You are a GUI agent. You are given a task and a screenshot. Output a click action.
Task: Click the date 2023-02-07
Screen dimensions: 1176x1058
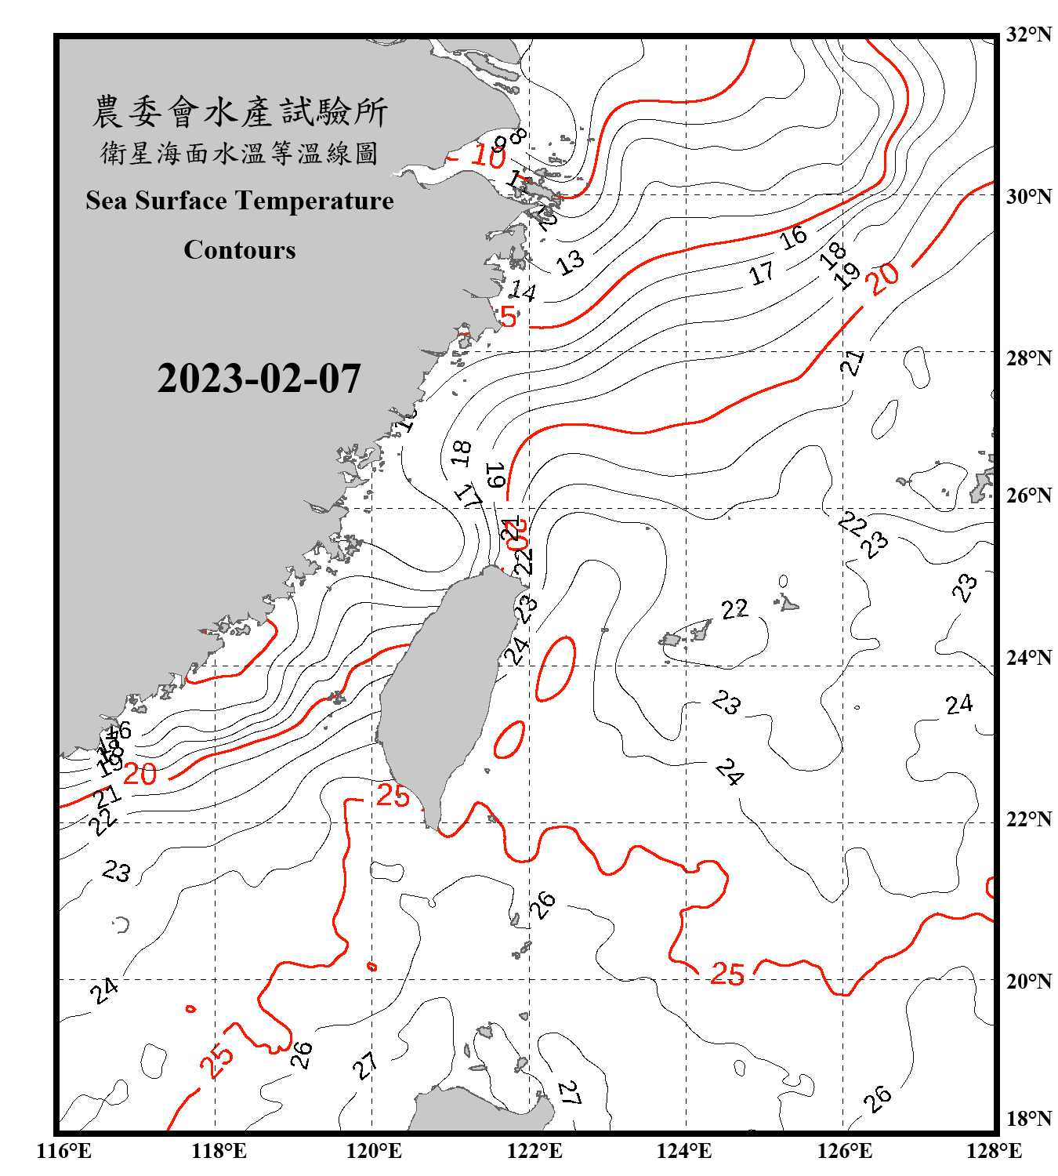pyautogui.click(x=259, y=379)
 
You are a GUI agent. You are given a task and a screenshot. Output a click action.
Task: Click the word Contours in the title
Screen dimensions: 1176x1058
pyautogui.click(x=240, y=250)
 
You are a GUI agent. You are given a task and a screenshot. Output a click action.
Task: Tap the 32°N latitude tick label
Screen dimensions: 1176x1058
pyautogui.click(x=1028, y=34)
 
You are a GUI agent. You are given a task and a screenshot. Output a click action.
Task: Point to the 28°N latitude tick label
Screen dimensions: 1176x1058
pyautogui.click(x=1028, y=358)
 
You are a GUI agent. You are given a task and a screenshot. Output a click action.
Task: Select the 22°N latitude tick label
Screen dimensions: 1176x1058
pyautogui.click(x=1028, y=819)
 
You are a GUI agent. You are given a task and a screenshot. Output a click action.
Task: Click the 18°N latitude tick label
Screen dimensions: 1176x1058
pyautogui.click(x=1028, y=1119)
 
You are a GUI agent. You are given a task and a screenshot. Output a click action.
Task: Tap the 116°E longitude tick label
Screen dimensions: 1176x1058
pyautogui.click(x=64, y=1151)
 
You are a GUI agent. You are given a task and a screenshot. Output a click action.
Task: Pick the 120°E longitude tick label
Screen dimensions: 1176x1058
pyautogui.click(x=374, y=1151)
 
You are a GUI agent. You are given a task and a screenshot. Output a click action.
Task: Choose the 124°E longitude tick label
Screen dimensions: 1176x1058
pyautogui.click(x=684, y=1151)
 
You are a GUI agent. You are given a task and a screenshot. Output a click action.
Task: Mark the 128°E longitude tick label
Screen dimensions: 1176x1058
pyautogui.click(x=994, y=1151)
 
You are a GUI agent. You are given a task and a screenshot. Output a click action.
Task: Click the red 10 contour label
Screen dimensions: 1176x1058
pyautogui.click(x=487, y=157)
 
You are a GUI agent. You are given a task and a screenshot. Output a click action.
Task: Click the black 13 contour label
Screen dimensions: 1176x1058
pyautogui.click(x=571, y=262)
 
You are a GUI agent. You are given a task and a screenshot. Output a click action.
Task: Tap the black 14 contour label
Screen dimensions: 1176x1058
pyautogui.click(x=522, y=292)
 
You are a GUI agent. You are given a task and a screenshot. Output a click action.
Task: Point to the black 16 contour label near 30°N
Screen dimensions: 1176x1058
pyautogui.click(x=793, y=236)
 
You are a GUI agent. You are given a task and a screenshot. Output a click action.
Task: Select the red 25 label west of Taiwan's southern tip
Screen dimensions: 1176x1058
pyautogui.click(x=393, y=796)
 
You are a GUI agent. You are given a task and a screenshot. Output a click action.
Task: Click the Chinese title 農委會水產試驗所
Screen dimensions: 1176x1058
pyautogui.click(x=240, y=112)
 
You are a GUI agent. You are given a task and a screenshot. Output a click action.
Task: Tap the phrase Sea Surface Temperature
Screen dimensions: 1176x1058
pyautogui.click(x=240, y=201)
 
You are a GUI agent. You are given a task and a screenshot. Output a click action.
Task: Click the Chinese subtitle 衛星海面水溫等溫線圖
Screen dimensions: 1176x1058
pyautogui.click(x=240, y=154)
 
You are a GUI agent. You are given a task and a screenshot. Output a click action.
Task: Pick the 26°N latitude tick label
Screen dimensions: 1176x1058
pyautogui.click(x=1028, y=495)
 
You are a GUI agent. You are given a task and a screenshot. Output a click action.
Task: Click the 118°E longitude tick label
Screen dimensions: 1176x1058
pyautogui.click(x=219, y=1151)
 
